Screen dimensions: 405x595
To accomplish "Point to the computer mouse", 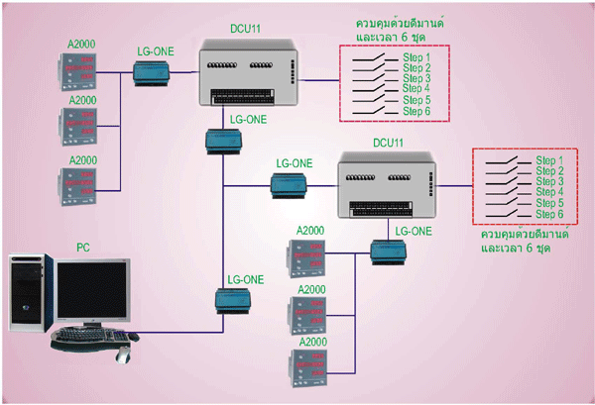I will point(124,352).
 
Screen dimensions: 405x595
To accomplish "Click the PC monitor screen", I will point(91,290).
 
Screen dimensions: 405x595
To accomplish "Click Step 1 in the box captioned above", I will point(416,58).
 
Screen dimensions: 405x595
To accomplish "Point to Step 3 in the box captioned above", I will point(416,79).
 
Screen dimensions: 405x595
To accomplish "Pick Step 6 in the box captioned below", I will point(549,214).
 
